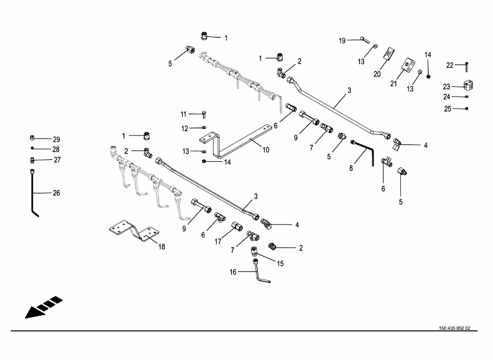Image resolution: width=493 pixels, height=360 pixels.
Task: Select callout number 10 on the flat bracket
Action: (266, 150)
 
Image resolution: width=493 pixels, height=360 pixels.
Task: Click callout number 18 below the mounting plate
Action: (161, 246)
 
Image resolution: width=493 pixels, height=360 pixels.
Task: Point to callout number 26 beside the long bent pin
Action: (56, 193)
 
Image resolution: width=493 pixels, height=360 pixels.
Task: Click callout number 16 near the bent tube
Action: (234, 272)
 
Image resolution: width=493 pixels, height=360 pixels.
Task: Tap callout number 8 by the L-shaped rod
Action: (350, 169)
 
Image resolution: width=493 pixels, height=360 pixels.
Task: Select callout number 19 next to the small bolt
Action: (342, 41)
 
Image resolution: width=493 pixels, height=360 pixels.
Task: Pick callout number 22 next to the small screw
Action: (450, 64)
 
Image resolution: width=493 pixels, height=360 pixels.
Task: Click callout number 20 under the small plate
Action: (377, 74)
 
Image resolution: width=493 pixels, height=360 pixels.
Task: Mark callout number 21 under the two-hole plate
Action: (394, 83)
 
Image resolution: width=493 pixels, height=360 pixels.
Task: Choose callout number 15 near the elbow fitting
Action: (280, 264)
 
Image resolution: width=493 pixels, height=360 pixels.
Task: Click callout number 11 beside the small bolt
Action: (183, 114)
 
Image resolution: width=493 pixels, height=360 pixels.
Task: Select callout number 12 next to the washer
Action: (183, 128)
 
